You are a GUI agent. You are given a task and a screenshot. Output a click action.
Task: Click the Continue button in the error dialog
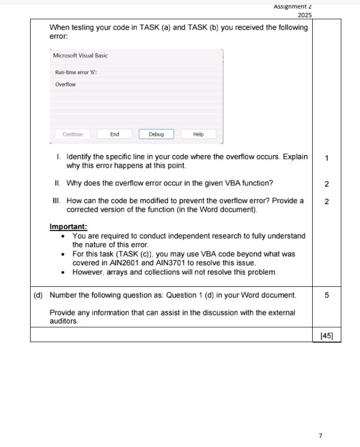[73, 134]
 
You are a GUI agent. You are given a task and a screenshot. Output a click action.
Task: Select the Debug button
[156, 134]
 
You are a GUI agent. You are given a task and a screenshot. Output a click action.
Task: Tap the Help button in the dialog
[198, 134]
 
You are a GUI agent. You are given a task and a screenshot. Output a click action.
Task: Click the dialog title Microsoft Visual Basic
[80, 56]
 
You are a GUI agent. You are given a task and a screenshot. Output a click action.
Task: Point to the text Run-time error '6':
[76, 72]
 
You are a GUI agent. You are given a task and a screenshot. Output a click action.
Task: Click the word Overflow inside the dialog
[66, 85]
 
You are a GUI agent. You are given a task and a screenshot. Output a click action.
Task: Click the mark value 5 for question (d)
[327, 295]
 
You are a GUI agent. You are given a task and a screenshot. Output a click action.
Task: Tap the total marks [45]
[327, 336]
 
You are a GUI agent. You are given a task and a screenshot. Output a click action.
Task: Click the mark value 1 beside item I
[327, 158]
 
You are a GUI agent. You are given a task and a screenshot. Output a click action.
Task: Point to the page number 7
[320, 436]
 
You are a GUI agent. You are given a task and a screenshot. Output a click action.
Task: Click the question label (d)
[38, 295]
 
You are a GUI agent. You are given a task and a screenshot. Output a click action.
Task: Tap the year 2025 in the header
[304, 15]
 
